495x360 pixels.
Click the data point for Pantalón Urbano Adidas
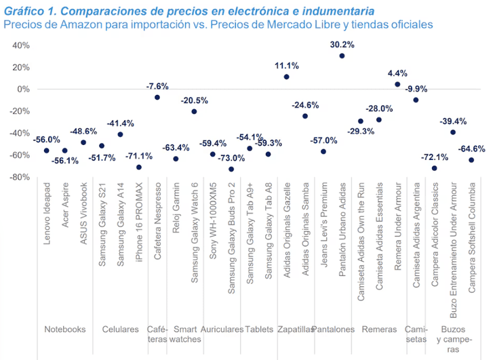tap(342, 56)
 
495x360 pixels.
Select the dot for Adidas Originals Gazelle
tap(287, 77)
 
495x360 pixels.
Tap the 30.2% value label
tap(342, 44)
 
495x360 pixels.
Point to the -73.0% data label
tap(231, 158)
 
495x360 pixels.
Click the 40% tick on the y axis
tap(20, 45)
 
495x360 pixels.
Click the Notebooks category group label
tap(65, 329)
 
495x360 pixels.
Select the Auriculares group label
tap(222, 329)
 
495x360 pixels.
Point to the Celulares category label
tap(121, 329)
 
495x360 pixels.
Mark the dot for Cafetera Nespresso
tap(157, 97)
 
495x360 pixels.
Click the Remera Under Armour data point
tap(397, 84)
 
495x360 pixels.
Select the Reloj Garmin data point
tap(176, 159)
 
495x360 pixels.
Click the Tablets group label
tap(258, 329)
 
